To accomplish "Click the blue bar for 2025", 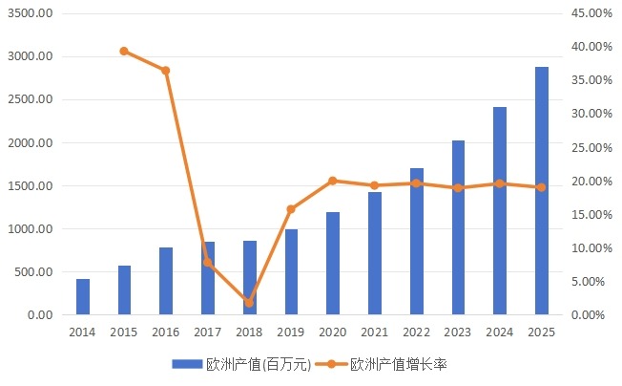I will click(x=542, y=191).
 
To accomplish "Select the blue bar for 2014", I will click(x=83, y=297).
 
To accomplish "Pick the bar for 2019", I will click(x=291, y=272).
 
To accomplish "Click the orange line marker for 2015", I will click(x=124, y=51).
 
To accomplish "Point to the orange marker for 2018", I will click(x=249, y=303).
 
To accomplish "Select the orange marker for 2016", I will click(x=166, y=71).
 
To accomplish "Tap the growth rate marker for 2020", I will click(x=333, y=181).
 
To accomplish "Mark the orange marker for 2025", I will click(x=542, y=187).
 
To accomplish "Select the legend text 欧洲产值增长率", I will click(x=399, y=364).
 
